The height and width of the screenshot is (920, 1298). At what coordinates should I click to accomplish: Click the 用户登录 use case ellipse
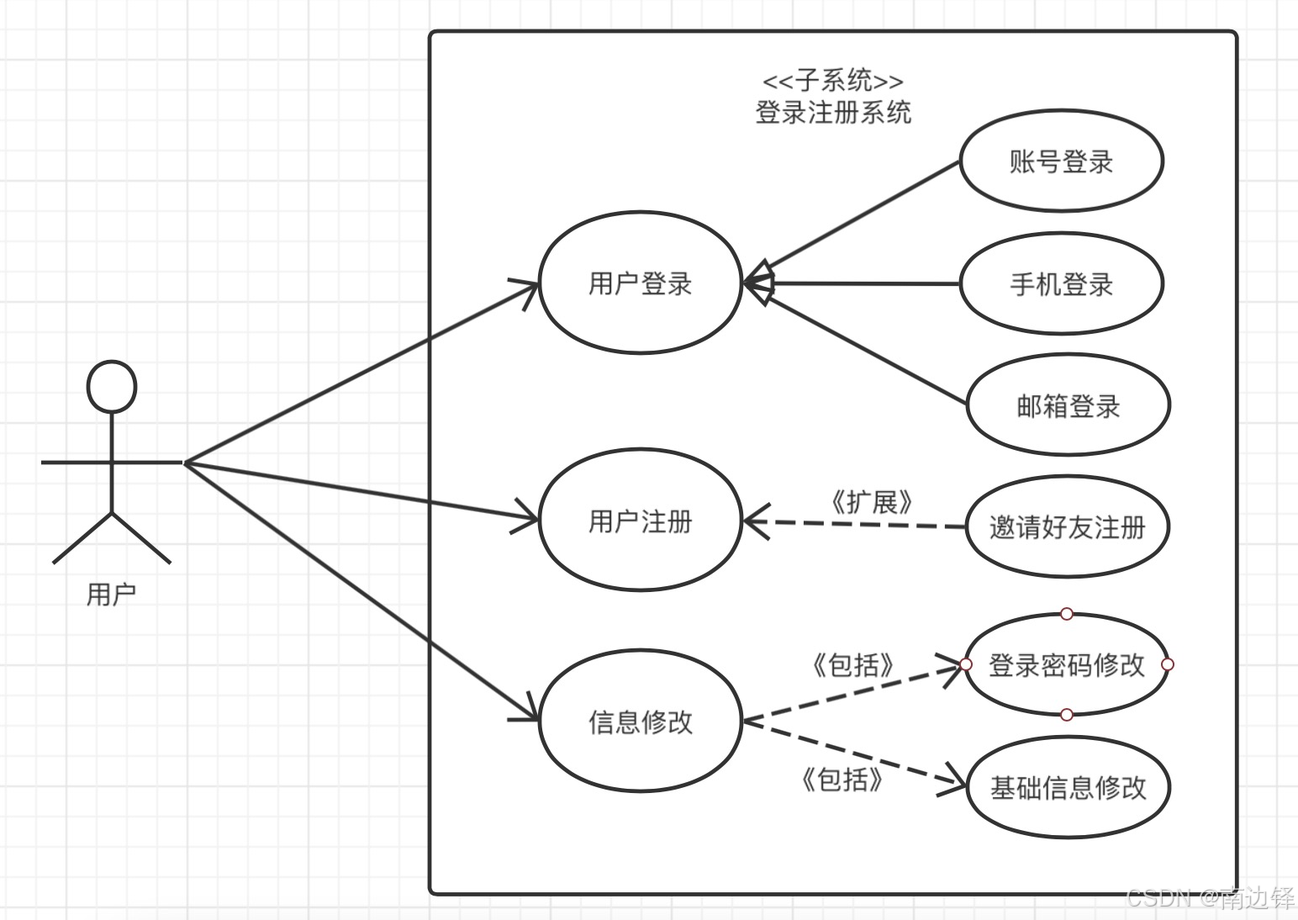pyautogui.click(x=640, y=283)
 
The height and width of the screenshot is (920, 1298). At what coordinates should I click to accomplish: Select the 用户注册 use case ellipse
pyautogui.click(x=640, y=521)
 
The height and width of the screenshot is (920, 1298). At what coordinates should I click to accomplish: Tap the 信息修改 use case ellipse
pyautogui.click(x=640, y=722)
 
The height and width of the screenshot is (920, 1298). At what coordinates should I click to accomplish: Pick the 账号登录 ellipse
pyautogui.click(x=1061, y=161)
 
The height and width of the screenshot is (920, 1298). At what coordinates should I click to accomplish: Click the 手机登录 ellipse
pyautogui.click(x=1061, y=284)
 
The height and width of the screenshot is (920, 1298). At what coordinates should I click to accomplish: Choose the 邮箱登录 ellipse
pyautogui.click(x=1068, y=406)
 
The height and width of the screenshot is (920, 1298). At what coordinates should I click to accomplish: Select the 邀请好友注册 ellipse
pyautogui.click(x=1067, y=527)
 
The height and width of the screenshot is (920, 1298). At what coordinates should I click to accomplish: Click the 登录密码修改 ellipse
pyautogui.click(x=1066, y=665)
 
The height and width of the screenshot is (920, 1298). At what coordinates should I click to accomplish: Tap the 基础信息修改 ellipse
pyautogui.click(x=1068, y=788)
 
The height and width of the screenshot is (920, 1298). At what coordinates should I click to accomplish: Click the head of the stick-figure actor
pyautogui.click(x=112, y=388)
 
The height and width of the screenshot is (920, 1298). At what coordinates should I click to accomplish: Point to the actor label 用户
pyautogui.click(x=111, y=595)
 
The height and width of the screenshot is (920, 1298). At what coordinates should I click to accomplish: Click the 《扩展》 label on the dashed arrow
pyautogui.click(x=871, y=503)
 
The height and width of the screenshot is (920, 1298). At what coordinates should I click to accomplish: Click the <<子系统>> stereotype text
pyautogui.click(x=832, y=82)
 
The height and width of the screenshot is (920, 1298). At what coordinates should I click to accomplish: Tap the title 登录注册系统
pyautogui.click(x=832, y=112)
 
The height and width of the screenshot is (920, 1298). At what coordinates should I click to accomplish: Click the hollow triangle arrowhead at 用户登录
pyautogui.click(x=757, y=283)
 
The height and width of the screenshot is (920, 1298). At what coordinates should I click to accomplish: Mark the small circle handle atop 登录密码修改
pyautogui.click(x=1066, y=614)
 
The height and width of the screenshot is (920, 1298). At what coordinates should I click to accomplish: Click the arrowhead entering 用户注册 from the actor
pyautogui.click(x=528, y=520)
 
